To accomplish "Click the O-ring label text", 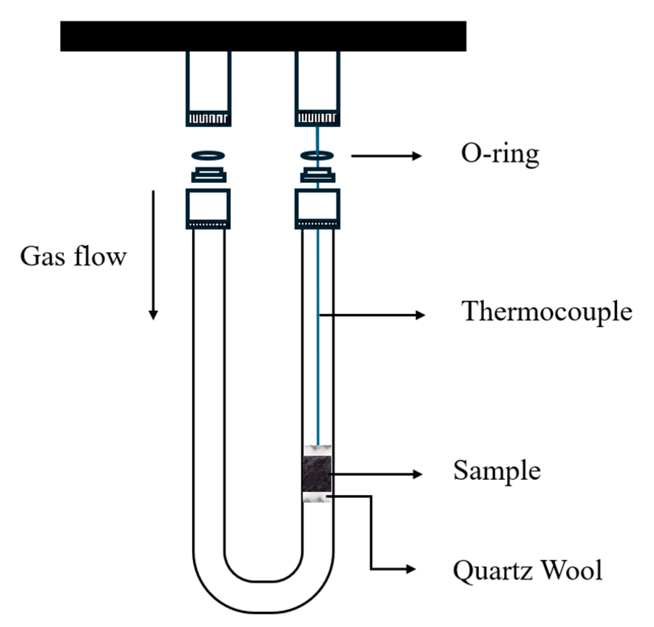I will (x=500, y=154).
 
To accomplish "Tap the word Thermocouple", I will (x=547, y=311).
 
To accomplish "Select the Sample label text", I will (x=496, y=471).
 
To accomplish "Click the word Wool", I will (x=572, y=570).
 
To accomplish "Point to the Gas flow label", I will (x=73, y=256).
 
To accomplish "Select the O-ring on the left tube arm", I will (x=208, y=155).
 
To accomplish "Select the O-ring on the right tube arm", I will (x=317, y=155).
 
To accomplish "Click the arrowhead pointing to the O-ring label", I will (x=417, y=156).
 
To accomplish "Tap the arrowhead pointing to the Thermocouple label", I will (x=421, y=315).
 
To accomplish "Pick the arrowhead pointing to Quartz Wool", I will (x=411, y=569).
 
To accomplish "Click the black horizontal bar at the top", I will (x=263, y=36).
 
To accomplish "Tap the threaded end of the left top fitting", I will (x=208, y=119).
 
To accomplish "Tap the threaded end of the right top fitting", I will (x=317, y=119).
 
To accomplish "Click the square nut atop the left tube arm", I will (x=208, y=208).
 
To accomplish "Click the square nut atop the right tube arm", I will (x=317, y=208).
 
